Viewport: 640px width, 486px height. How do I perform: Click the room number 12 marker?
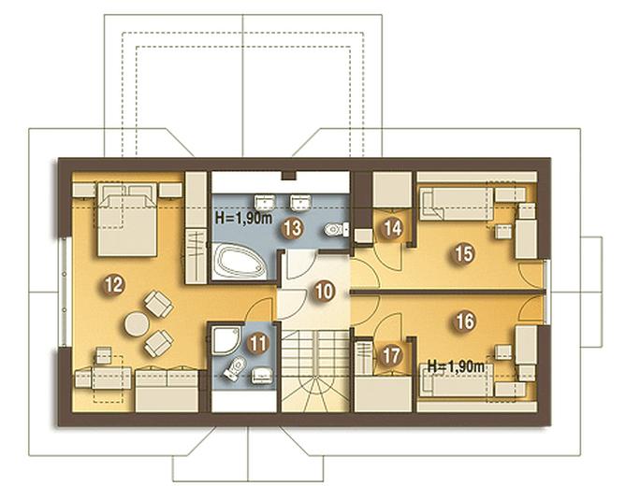[113, 285]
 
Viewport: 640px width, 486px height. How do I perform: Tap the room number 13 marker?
[292, 228]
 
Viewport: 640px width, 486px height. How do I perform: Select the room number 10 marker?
[325, 292]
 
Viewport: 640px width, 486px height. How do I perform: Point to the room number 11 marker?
[257, 343]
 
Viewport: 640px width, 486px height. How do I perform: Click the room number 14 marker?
[393, 229]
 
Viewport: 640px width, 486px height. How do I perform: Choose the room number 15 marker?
[464, 253]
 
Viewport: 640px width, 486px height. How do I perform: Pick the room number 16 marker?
[464, 322]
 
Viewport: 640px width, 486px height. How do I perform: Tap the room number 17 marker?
[390, 355]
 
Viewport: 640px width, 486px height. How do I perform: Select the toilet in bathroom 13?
[337, 229]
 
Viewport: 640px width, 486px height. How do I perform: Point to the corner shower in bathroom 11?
[225, 340]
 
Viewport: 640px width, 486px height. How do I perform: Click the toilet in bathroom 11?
[235, 368]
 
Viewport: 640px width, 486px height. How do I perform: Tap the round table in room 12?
[137, 324]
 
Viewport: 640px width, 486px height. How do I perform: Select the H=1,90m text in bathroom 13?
[243, 219]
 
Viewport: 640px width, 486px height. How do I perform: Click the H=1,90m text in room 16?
[456, 366]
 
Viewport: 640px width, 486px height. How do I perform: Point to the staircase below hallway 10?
[315, 370]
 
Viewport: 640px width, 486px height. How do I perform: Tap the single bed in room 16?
[456, 380]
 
